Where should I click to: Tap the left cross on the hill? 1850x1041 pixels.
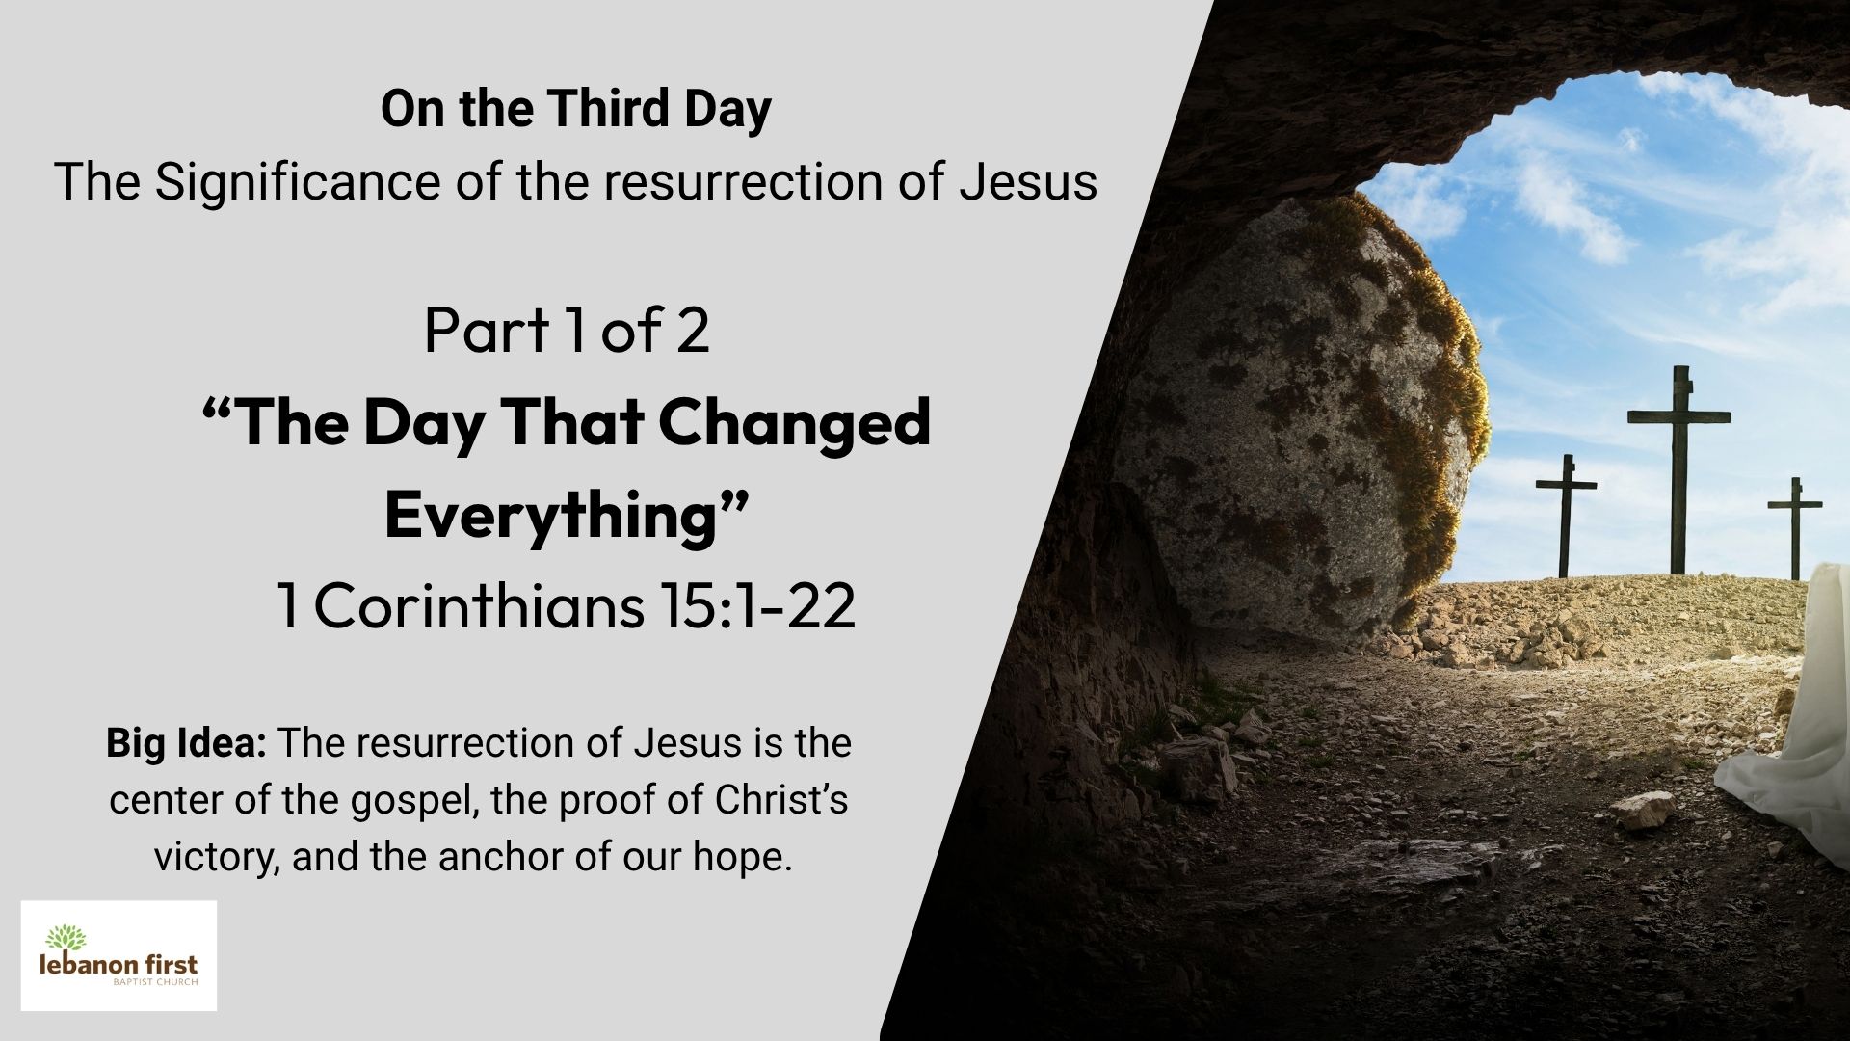(x=1565, y=516)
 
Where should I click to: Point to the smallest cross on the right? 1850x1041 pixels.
(x=1794, y=526)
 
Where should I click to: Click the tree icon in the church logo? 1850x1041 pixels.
(x=66, y=937)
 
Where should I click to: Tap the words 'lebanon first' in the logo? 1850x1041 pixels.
(x=119, y=964)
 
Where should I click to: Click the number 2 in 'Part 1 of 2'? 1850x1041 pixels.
(x=692, y=330)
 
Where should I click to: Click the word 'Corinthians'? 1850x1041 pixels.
(x=478, y=606)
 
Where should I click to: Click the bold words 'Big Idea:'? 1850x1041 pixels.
(x=186, y=743)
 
